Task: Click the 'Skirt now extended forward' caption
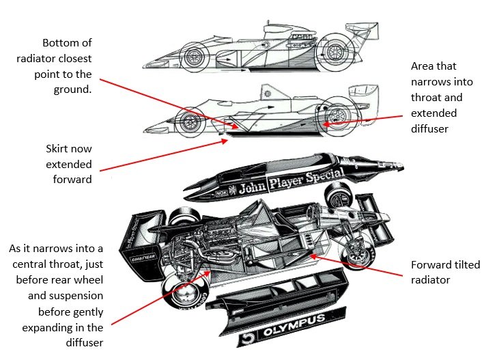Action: (x=68, y=164)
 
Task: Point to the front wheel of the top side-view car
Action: (x=196, y=55)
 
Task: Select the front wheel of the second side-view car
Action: (x=187, y=123)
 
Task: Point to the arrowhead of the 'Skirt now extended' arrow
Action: (x=226, y=135)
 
